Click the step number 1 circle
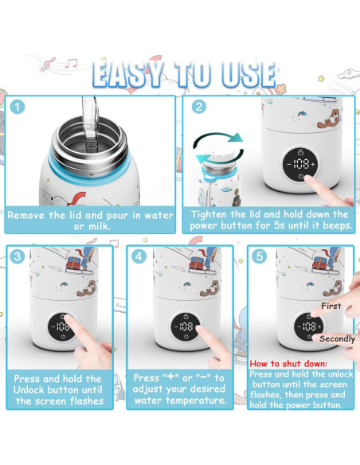18,107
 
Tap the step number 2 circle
198,107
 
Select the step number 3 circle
18,256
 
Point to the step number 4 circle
139,256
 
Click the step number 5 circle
259,256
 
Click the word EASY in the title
127,74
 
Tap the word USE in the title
248,74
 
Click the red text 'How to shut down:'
288,364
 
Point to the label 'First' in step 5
331,306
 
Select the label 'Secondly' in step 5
337,338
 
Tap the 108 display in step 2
301,164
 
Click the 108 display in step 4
186,326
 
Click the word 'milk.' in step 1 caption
100,227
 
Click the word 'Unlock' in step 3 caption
29,389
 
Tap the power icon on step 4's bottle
186,337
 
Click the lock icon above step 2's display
301,152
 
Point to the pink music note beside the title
48,64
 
